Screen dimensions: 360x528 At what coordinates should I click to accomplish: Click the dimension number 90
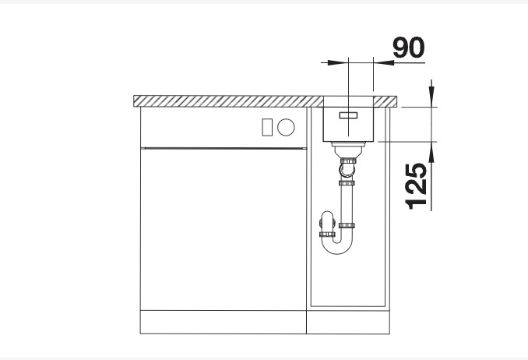407,48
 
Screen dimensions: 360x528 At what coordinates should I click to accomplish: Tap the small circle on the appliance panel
287,126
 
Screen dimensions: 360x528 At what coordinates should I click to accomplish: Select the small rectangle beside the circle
267,126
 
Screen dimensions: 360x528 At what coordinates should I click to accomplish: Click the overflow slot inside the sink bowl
348,115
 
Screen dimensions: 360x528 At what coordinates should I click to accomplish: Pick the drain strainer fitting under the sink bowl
347,147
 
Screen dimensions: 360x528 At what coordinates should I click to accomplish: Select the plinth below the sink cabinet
347,322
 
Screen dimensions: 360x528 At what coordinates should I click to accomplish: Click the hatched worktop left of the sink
226,101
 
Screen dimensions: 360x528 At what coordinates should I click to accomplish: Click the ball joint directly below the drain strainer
347,164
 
